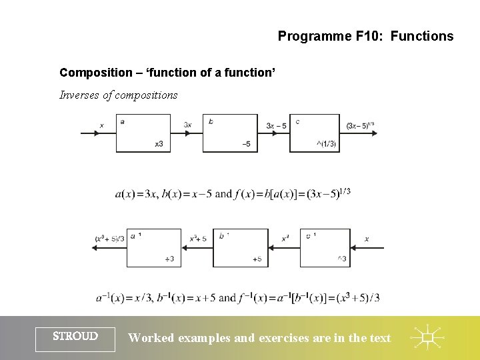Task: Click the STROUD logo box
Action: coord(75,337)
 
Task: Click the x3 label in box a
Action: coord(159,144)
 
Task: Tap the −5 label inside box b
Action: coord(246,144)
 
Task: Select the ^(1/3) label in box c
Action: coord(327,144)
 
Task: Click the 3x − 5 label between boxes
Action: coord(276,125)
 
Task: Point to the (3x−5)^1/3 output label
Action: coord(361,125)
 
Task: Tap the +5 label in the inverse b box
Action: coord(257,259)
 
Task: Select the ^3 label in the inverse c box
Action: coord(341,259)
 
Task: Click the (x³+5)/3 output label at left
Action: coord(109,238)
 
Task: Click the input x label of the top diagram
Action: coord(101,125)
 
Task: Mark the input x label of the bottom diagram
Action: coord(367,238)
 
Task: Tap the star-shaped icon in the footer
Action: coord(427,338)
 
